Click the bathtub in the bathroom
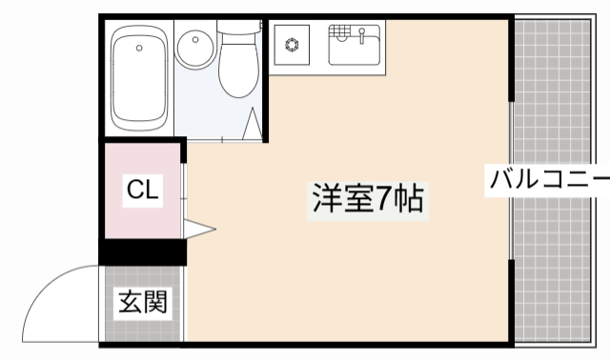coord(140,78)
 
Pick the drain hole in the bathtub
coord(140,47)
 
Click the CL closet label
coord(143,190)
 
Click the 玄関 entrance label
coord(143,303)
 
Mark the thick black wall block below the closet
coord(143,251)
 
